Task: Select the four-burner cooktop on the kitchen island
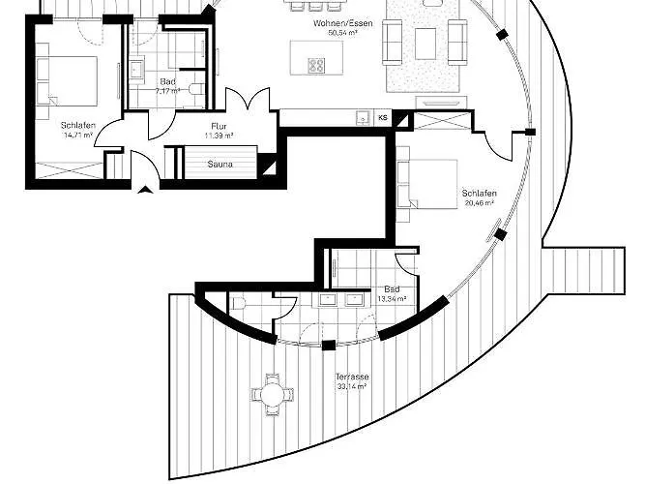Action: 316,65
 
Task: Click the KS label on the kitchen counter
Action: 384,117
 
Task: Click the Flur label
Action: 219,126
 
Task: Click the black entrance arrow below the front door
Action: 145,189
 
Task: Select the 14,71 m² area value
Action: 76,136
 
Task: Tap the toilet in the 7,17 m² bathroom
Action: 196,89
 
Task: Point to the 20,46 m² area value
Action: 480,204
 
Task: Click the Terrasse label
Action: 352,377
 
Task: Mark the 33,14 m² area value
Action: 352,386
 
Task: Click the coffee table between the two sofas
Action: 425,42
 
